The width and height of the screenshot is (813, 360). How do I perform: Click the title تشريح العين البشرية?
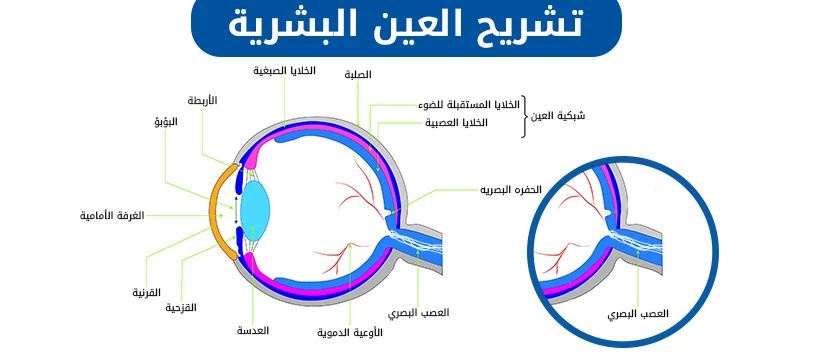(406, 27)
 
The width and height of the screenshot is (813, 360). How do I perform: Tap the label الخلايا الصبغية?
(284, 71)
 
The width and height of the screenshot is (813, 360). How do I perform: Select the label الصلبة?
(358, 75)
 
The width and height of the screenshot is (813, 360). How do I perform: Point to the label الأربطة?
(202, 100)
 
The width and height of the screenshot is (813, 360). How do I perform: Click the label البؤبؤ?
(165, 122)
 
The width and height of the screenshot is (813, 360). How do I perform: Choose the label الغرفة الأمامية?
(112, 215)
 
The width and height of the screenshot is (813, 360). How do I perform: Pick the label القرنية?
(147, 293)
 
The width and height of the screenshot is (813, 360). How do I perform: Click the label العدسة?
(253, 329)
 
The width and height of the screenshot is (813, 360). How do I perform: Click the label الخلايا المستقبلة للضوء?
(469, 105)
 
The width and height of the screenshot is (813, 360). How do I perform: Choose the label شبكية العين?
(560, 116)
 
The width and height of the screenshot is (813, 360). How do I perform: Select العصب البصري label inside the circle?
(638, 314)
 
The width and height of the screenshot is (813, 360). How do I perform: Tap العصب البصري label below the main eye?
(419, 313)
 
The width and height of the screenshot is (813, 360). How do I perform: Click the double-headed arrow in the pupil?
(237, 212)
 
